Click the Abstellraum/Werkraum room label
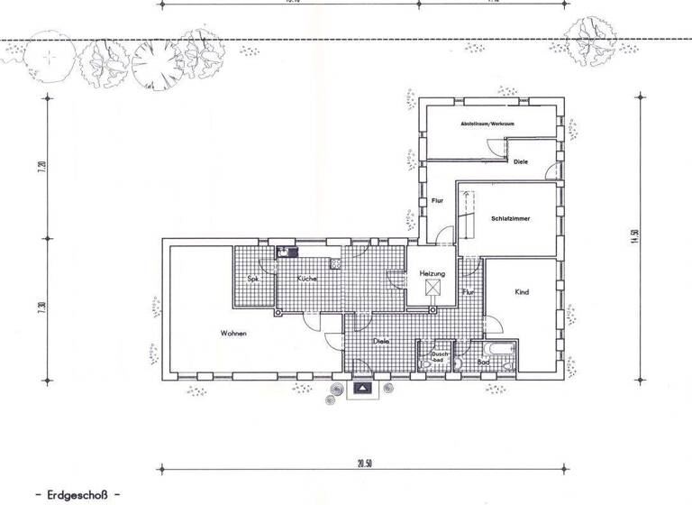pyautogui.click(x=487, y=122)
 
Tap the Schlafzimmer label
pyautogui.click(x=510, y=219)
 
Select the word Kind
pyautogui.click(x=521, y=292)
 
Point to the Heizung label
pyautogui.click(x=432, y=273)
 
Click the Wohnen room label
pyautogui.click(x=233, y=334)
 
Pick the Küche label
pyautogui.click(x=307, y=280)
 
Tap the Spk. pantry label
pyautogui.click(x=254, y=280)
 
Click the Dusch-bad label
pyautogui.click(x=440, y=356)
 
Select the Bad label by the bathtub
pyautogui.click(x=483, y=362)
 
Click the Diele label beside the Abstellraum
pyautogui.click(x=521, y=162)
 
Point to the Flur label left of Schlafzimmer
pyautogui.click(x=437, y=200)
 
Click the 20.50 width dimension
pyautogui.click(x=363, y=464)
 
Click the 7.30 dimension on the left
pyautogui.click(x=41, y=308)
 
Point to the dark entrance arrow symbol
pyautogui.click(x=362, y=388)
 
